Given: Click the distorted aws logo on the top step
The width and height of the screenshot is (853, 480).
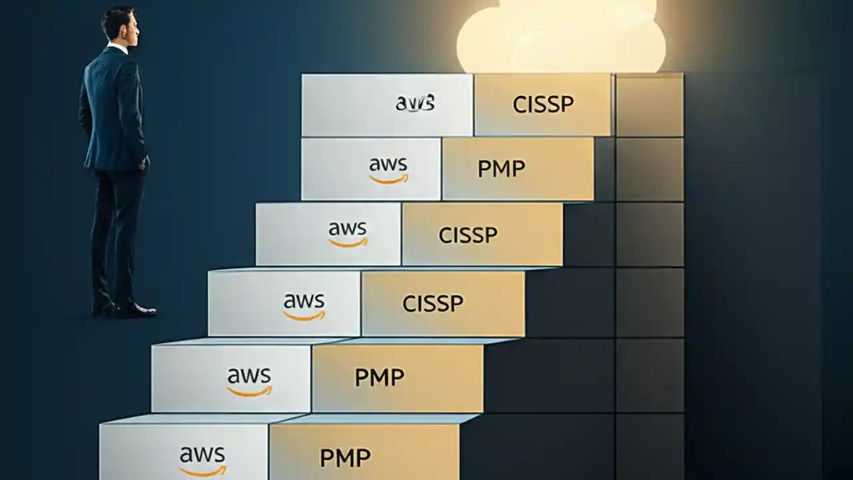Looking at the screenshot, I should (415, 103).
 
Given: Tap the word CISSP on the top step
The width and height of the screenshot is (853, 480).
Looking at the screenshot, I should (543, 104).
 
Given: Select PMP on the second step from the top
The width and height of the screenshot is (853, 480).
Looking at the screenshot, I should (501, 169).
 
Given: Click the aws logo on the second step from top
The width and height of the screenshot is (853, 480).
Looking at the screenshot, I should (389, 169).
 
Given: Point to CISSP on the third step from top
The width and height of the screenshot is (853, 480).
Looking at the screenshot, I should (468, 235).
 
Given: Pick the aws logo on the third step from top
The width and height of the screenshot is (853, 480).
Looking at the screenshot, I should (347, 233).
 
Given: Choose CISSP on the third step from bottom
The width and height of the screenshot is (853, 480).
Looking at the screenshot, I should (432, 304).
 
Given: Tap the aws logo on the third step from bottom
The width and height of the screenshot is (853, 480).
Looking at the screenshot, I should (304, 305).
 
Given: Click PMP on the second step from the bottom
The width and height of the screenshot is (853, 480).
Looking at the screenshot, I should (379, 378).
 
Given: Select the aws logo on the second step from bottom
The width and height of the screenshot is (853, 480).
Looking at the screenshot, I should (249, 380).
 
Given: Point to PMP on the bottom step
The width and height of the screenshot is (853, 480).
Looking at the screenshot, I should (345, 458).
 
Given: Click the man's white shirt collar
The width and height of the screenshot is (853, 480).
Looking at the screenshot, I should (119, 49).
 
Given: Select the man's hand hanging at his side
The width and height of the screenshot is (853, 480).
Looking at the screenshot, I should (145, 162).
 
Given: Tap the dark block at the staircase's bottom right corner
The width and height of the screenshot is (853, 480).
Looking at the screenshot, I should (650, 447).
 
